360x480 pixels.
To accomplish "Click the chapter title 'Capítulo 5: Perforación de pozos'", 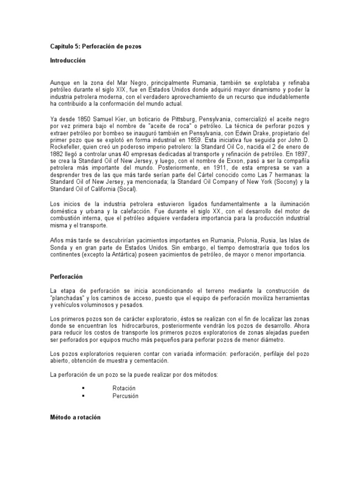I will (x=95, y=47).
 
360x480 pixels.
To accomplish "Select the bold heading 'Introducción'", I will (x=68, y=61).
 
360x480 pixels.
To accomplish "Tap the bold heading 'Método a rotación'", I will (x=75, y=417).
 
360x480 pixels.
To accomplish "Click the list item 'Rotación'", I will (x=124, y=388).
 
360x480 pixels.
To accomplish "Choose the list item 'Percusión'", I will (x=125, y=396).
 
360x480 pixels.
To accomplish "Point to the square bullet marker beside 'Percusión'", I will (x=83, y=396).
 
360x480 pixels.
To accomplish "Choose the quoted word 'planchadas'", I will (x=68, y=299).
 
